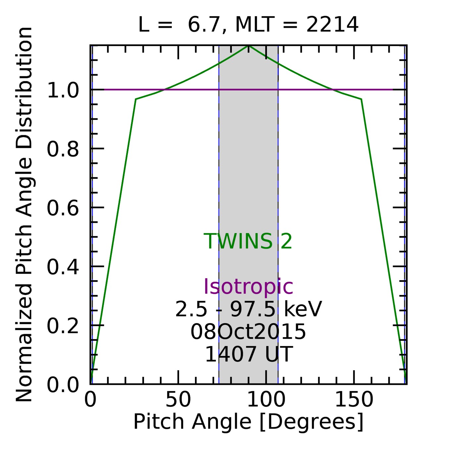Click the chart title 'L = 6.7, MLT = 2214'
tap(248, 25)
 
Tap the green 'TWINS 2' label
tap(248, 241)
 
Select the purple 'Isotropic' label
tap(248, 286)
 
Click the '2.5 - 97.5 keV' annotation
tap(248, 310)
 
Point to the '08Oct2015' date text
tap(248, 332)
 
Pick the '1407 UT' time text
tap(249, 354)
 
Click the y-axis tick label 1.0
tap(63, 90)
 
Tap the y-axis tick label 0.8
tap(63, 149)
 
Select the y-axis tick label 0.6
tap(63, 208)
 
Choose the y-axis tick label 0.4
tap(63, 267)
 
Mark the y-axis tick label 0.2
tap(63, 326)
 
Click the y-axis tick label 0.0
tap(63, 385)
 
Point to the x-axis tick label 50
tap(178, 400)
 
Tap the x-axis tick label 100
tap(266, 400)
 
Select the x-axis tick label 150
tap(354, 400)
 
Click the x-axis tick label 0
tap(90, 400)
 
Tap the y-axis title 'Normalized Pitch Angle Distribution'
tap(24, 215)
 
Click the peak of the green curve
tap(249, 46)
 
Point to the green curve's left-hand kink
tap(136, 99)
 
